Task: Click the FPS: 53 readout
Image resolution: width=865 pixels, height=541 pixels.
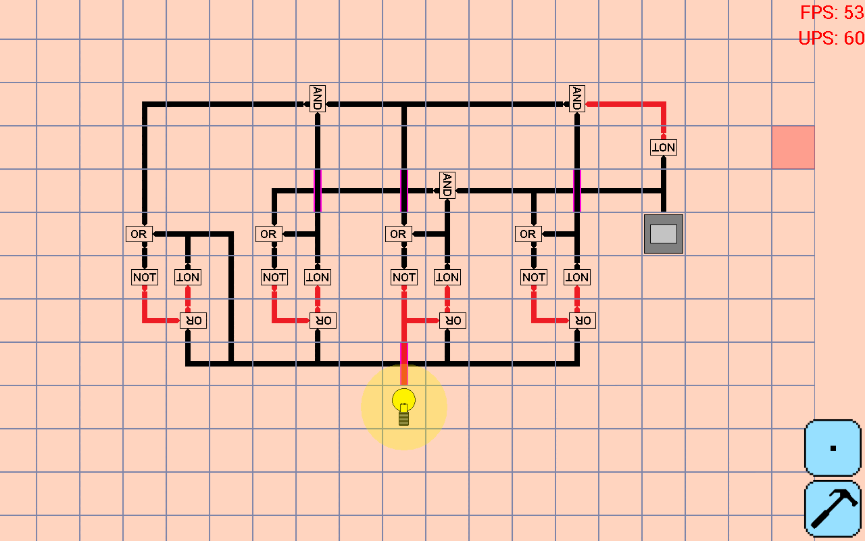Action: (x=831, y=12)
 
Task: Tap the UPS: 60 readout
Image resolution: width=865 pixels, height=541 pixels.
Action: (x=831, y=39)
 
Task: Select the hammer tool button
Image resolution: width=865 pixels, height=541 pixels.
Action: (x=833, y=509)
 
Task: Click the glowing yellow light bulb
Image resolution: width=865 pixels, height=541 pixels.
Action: (x=404, y=405)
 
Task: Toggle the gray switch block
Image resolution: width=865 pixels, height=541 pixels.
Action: (x=663, y=234)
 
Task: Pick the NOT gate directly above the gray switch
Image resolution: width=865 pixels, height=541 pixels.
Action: (x=663, y=147)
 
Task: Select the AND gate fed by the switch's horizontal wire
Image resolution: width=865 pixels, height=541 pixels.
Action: (x=447, y=185)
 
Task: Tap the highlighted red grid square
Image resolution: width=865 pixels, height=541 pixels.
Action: (x=793, y=147)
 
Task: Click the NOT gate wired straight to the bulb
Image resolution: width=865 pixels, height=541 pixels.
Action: (x=404, y=277)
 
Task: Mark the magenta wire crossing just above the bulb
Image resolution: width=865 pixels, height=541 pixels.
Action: (x=404, y=355)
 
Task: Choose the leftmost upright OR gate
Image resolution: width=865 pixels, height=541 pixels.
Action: (x=139, y=234)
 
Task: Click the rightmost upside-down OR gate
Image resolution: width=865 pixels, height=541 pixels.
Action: (x=582, y=321)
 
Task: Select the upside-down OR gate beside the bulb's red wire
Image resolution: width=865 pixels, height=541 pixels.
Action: (x=452, y=321)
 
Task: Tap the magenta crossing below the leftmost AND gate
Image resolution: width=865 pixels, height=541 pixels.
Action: (x=317, y=191)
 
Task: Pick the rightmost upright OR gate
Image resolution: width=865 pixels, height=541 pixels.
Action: (x=528, y=234)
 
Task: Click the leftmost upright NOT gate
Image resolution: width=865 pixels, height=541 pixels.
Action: (x=144, y=277)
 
